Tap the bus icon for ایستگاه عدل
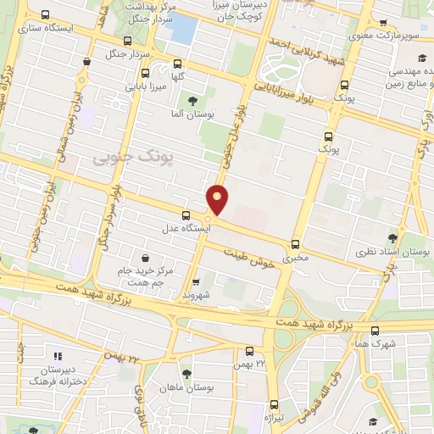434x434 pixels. coord(186,215)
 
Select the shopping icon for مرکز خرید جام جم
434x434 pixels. coord(146,257)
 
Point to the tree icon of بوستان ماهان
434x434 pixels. coord(186,374)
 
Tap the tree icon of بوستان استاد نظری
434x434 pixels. coord(392,239)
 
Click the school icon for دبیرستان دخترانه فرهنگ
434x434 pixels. coord(58,357)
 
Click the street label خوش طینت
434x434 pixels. coord(250,259)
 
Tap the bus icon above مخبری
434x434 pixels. coord(295,243)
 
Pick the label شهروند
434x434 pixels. coord(195,295)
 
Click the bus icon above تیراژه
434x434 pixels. coord(273,403)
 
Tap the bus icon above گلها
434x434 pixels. coord(177,64)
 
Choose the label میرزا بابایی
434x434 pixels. coord(144,85)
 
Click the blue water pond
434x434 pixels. coord(181,29)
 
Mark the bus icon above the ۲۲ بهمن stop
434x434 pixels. coord(249,351)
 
